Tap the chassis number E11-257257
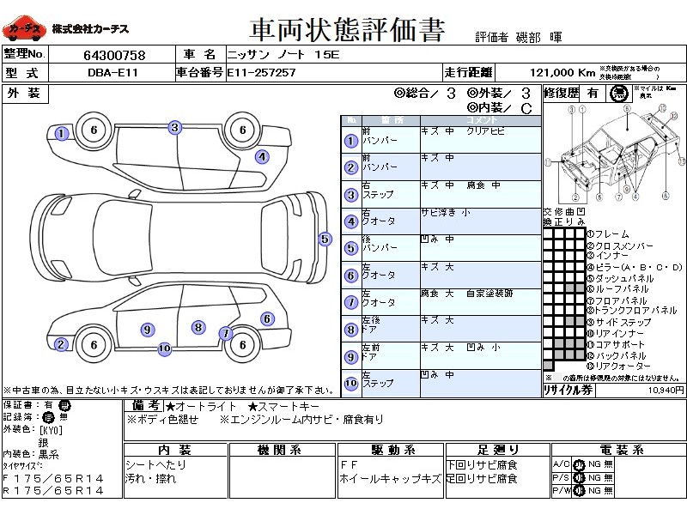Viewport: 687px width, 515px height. (261, 73)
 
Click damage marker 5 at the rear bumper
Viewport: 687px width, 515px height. (325, 239)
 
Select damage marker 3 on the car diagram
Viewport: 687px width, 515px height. (174, 128)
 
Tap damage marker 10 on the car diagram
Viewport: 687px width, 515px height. (164, 348)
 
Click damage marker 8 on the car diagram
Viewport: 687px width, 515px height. (198, 327)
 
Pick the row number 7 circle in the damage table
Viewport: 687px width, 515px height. (350, 303)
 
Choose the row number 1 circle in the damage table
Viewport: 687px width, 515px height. (350, 141)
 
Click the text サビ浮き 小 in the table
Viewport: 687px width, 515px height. (446, 212)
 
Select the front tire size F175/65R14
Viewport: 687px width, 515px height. (53, 477)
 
